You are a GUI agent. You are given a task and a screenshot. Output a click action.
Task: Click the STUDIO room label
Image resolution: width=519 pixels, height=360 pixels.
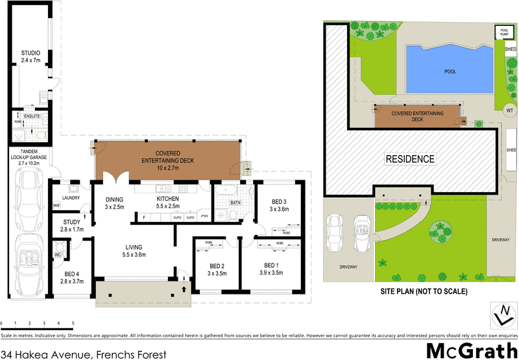[30, 53]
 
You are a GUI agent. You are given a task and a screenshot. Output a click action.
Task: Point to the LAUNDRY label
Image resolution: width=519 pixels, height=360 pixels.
[71, 198]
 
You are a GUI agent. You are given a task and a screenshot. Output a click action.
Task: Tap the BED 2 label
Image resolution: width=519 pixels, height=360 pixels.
[217, 266]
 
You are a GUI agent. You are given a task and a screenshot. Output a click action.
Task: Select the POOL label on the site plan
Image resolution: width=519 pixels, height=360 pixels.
[450, 72]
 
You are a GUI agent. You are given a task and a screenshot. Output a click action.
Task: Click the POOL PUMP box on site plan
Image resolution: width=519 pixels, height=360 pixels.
[503, 31]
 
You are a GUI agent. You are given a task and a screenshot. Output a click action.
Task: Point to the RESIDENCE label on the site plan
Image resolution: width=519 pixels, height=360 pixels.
[410, 158]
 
